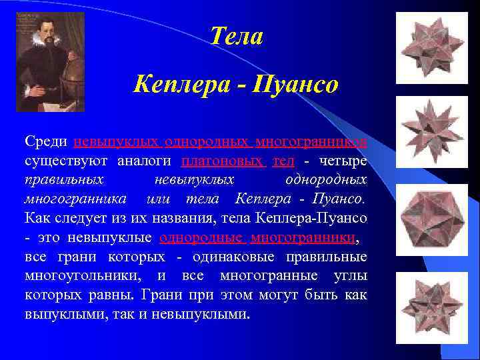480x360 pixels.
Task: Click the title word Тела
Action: click(x=236, y=36)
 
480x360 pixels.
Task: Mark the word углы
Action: click(x=348, y=275)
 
